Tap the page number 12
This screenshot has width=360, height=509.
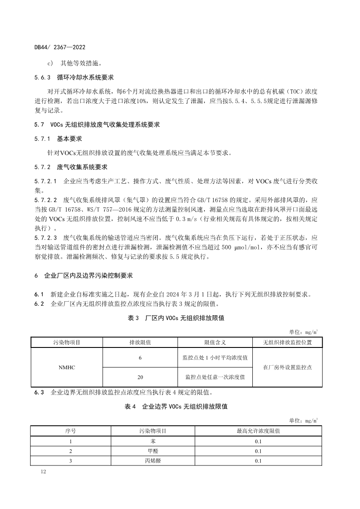coord(43,472)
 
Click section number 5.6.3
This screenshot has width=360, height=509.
coord(43,78)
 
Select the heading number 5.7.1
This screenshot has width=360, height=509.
coord(43,139)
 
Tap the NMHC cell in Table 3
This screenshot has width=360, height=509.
coord(67,367)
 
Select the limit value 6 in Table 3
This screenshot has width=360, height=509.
coord(140,357)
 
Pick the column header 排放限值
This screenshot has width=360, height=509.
coord(140,342)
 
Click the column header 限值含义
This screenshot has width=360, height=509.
coord(215,342)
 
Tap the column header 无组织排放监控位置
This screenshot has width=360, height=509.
coord(287,342)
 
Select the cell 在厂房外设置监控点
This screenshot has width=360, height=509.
coord(287,367)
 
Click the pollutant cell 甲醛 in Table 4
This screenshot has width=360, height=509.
coord(153,451)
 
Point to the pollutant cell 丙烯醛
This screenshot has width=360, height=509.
coord(153,461)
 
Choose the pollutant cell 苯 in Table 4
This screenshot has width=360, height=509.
coord(153,441)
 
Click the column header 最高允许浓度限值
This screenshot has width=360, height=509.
coord(258,431)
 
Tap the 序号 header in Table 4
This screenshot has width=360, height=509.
coord(71,431)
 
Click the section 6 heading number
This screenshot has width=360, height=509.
coord(37,276)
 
